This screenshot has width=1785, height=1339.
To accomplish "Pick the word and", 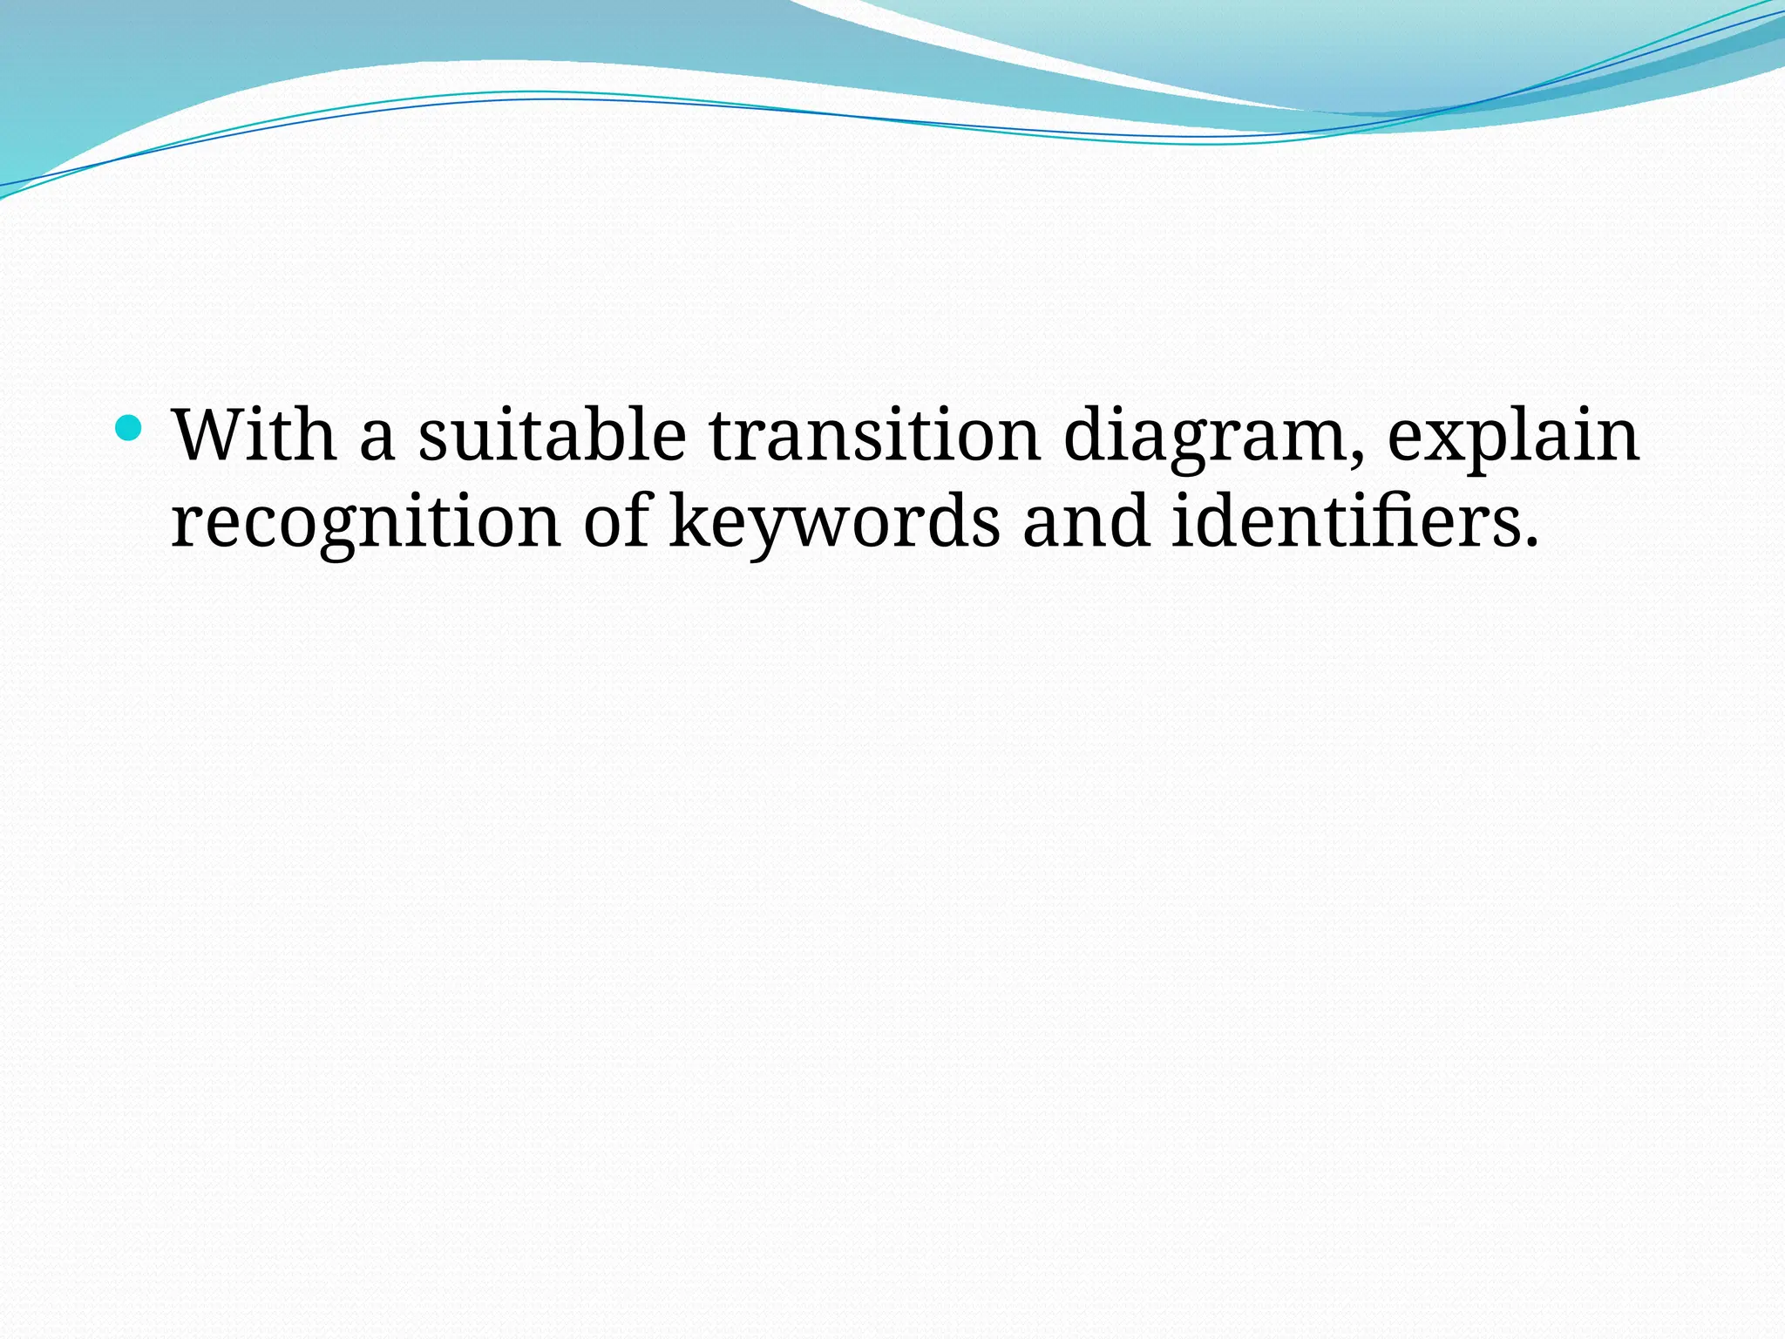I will (x=1086, y=520).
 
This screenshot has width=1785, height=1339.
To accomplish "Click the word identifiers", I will (x=1346, y=520).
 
